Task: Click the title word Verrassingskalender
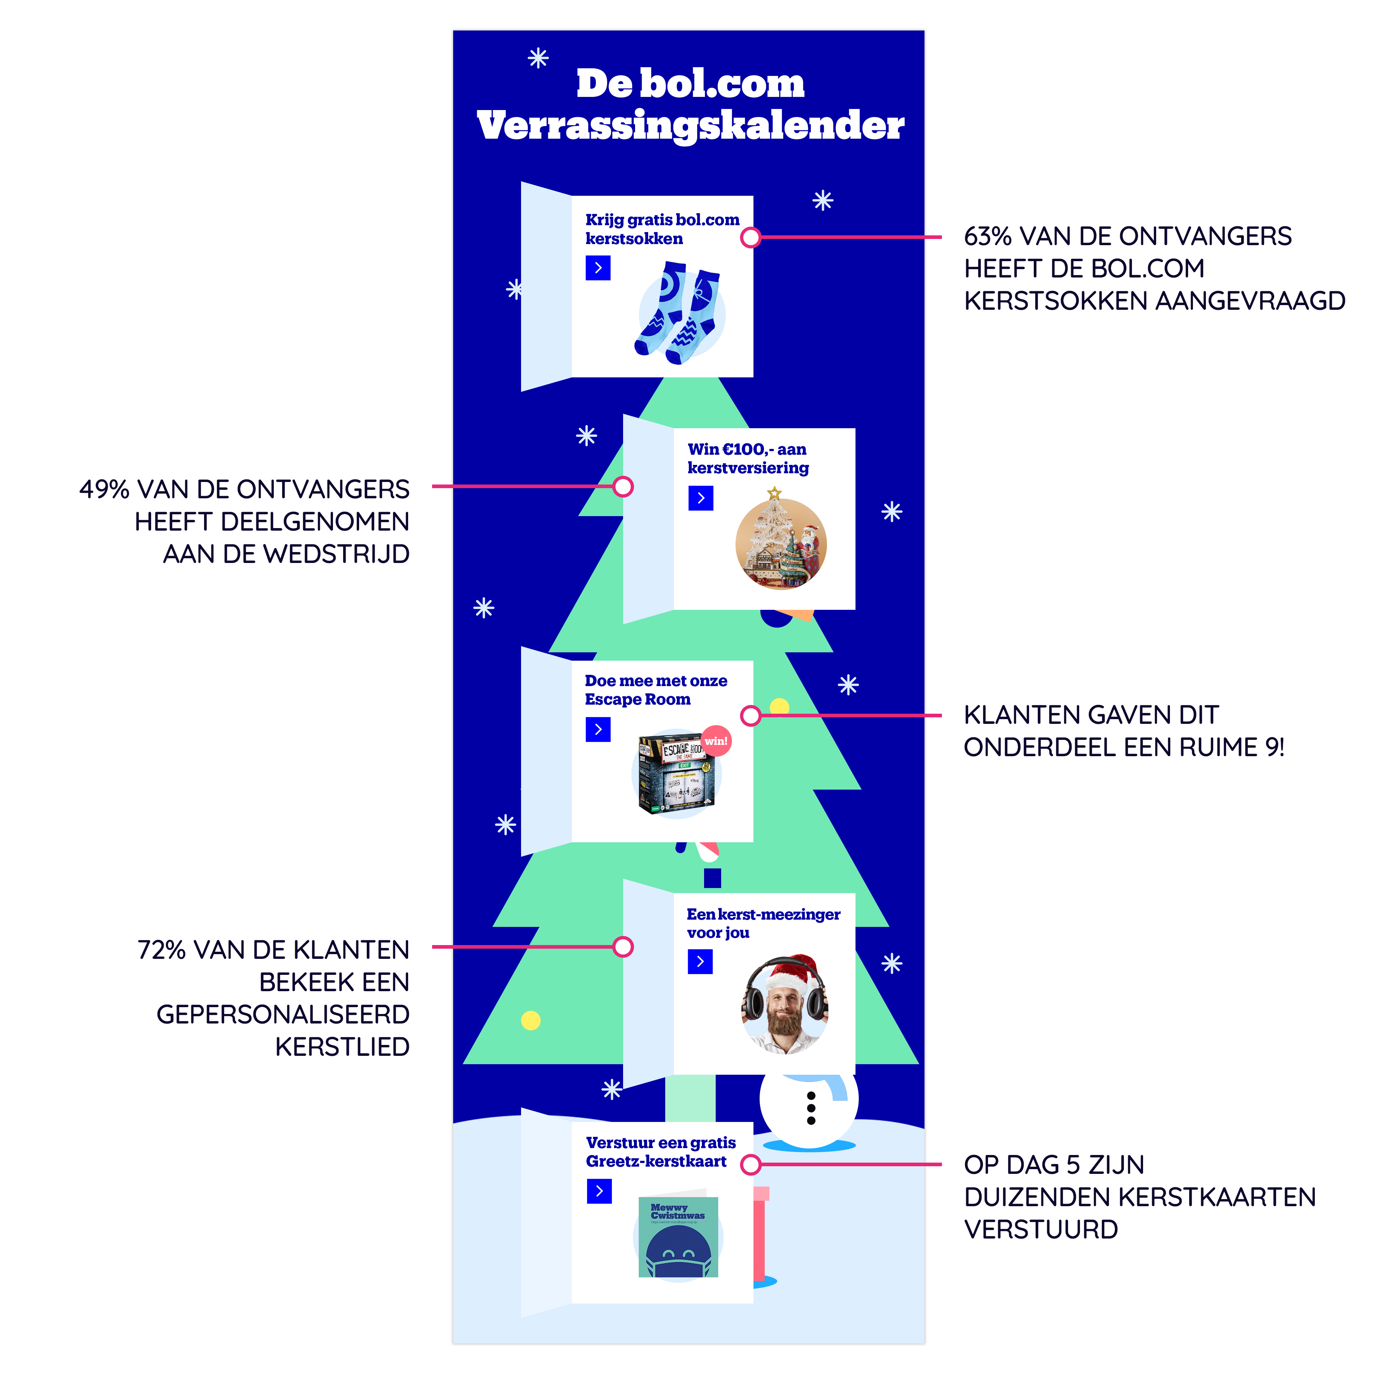coord(690,126)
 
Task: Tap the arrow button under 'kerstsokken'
coord(598,268)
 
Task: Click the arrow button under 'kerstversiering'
coord(700,498)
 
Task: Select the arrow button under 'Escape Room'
coord(598,729)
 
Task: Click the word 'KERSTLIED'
coord(342,1047)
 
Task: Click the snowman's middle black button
coord(810,1108)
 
